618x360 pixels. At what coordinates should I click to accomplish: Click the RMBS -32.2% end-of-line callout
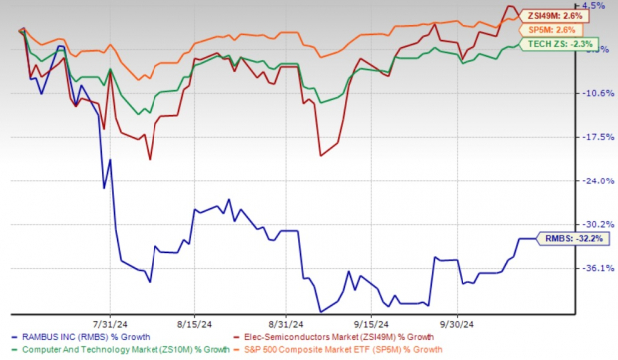click(x=572, y=239)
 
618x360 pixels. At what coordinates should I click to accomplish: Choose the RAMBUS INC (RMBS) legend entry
click(x=79, y=339)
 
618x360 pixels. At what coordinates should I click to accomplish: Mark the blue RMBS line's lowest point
click(x=321, y=312)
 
